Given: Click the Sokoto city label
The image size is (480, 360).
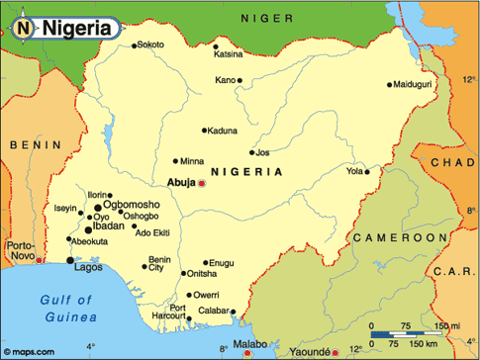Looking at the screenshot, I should coord(151,45).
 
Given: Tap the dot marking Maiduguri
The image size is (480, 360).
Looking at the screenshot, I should coord(390,84).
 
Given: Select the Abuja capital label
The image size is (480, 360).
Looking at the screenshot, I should coord(182,182).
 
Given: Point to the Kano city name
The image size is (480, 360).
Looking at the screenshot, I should coord(226,79).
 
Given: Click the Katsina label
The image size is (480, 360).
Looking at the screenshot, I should coord(229,53).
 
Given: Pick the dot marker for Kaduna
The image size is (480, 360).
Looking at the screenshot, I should coord(205,130).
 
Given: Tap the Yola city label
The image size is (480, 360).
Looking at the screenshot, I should coord(354,171).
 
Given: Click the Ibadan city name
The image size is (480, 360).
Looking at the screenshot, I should coord(108,226).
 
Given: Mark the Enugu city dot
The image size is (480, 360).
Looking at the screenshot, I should coord(205,262).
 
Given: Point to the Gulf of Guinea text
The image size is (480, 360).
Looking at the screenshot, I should coord(66,308).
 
